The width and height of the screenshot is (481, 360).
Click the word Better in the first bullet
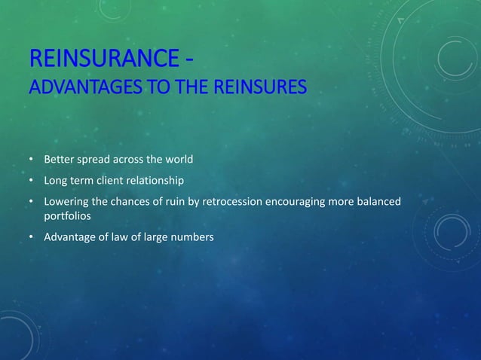[58, 160]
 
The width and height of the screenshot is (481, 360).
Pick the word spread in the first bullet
[93, 160]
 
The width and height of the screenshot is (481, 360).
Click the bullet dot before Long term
[31, 181]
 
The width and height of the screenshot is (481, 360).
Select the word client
[116, 181]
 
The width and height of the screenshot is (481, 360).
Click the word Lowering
[65, 202]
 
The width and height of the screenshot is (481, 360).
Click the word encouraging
[301, 202]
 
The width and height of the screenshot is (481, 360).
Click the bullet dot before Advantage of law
[31, 237]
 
